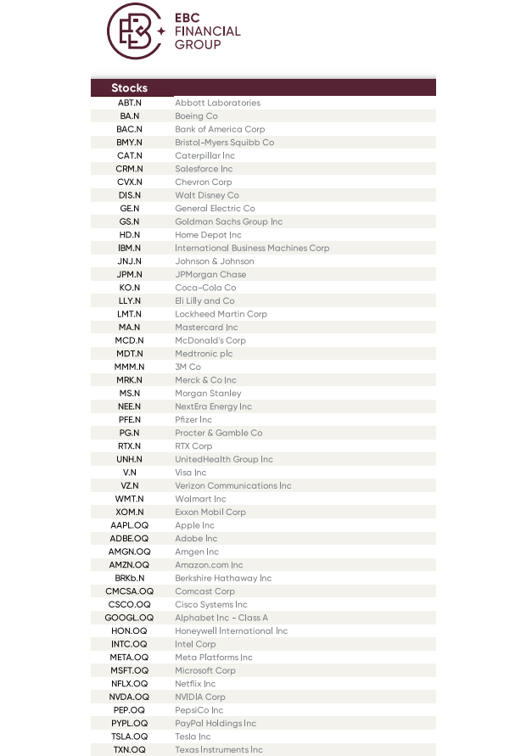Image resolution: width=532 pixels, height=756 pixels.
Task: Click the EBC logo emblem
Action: click(x=135, y=31)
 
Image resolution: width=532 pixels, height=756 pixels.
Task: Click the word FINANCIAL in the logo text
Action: click(x=207, y=31)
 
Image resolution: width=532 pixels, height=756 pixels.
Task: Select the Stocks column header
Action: click(x=129, y=88)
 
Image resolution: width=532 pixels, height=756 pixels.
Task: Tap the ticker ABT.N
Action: click(x=129, y=103)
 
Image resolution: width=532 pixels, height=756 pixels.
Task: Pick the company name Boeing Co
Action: click(x=196, y=116)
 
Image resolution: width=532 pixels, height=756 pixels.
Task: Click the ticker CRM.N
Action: click(x=129, y=169)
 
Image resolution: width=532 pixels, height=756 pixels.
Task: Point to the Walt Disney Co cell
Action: click(x=207, y=195)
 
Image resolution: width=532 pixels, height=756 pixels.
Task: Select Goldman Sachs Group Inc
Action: click(x=228, y=221)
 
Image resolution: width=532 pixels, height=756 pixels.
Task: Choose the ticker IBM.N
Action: click(x=129, y=248)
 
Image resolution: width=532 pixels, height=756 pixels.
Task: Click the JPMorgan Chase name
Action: click(x=210, y=274)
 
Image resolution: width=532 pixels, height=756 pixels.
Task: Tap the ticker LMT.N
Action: click(x=129, y=314)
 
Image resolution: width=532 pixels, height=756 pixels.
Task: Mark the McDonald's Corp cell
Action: click(x=210, y=340)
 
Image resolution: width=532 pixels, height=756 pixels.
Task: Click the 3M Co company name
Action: click(x=188, y=367)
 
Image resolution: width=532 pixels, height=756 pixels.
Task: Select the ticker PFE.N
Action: click(x=129, y=419)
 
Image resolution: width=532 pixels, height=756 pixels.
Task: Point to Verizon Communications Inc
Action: click(x=232, y=485)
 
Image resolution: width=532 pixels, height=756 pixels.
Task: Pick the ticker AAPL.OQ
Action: click(x=129, y=525)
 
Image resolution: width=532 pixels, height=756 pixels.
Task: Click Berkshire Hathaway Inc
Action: click(x=223, y=578)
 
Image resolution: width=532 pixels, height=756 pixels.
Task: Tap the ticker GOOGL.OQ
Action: click(x=129, y=618)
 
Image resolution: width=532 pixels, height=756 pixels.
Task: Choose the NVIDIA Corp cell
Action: click(x=200, y=697)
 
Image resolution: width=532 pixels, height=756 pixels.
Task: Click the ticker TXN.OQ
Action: click(x=129, y=749)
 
